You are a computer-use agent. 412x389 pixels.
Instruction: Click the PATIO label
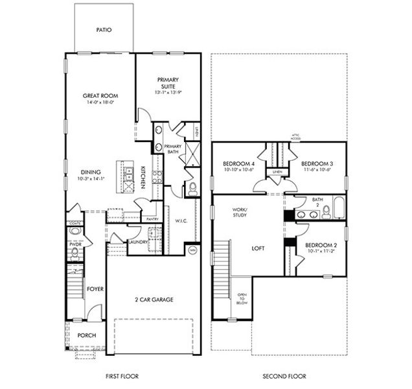click(x=103, y=29)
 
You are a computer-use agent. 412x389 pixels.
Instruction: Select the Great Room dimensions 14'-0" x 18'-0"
click(x=99, y=102)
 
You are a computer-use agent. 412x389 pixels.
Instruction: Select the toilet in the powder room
click(x=74, y=252)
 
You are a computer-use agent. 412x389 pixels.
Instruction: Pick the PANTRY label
click(x=153, y=219)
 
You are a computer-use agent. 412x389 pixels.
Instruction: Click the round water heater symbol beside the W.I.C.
click(x=192, y=250)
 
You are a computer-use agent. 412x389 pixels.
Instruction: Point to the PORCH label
click(x=87, y=335)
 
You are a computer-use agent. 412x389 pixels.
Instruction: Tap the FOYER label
click(x=96, y=289)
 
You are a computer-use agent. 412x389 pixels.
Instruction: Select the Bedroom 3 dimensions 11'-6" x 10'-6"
click(x=317, y=170)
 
